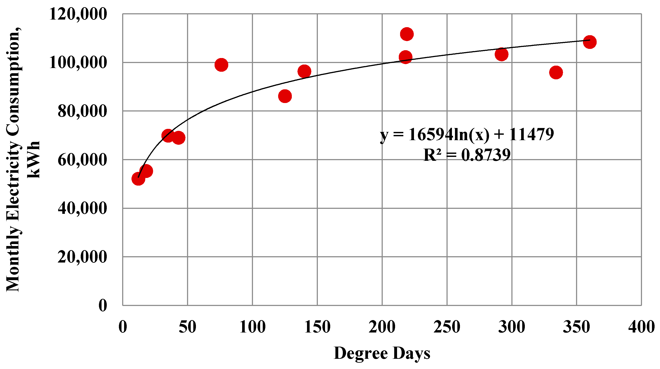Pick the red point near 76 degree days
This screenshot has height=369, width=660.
pos(221,65)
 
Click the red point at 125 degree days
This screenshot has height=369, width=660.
pos(285,96)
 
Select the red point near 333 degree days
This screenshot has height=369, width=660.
pos(556,73)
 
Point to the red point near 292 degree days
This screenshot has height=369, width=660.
pos(501,54)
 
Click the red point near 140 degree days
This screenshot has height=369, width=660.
pos(304,71)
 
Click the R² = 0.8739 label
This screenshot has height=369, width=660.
pos(467,155)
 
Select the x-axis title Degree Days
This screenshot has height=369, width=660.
pos(382,354)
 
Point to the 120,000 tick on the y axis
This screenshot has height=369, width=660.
pos(78,14)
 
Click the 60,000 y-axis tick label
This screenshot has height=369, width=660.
pos(82,160)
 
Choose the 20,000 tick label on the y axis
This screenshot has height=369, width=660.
pos(82,257)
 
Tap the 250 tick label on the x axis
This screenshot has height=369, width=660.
pos(447,327)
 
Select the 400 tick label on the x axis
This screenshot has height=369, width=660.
pos(641,327)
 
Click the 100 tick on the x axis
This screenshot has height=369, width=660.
pos(252,327)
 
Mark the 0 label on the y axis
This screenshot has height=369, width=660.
pos(103,306)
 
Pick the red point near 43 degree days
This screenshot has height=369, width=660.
pos(179,138)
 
